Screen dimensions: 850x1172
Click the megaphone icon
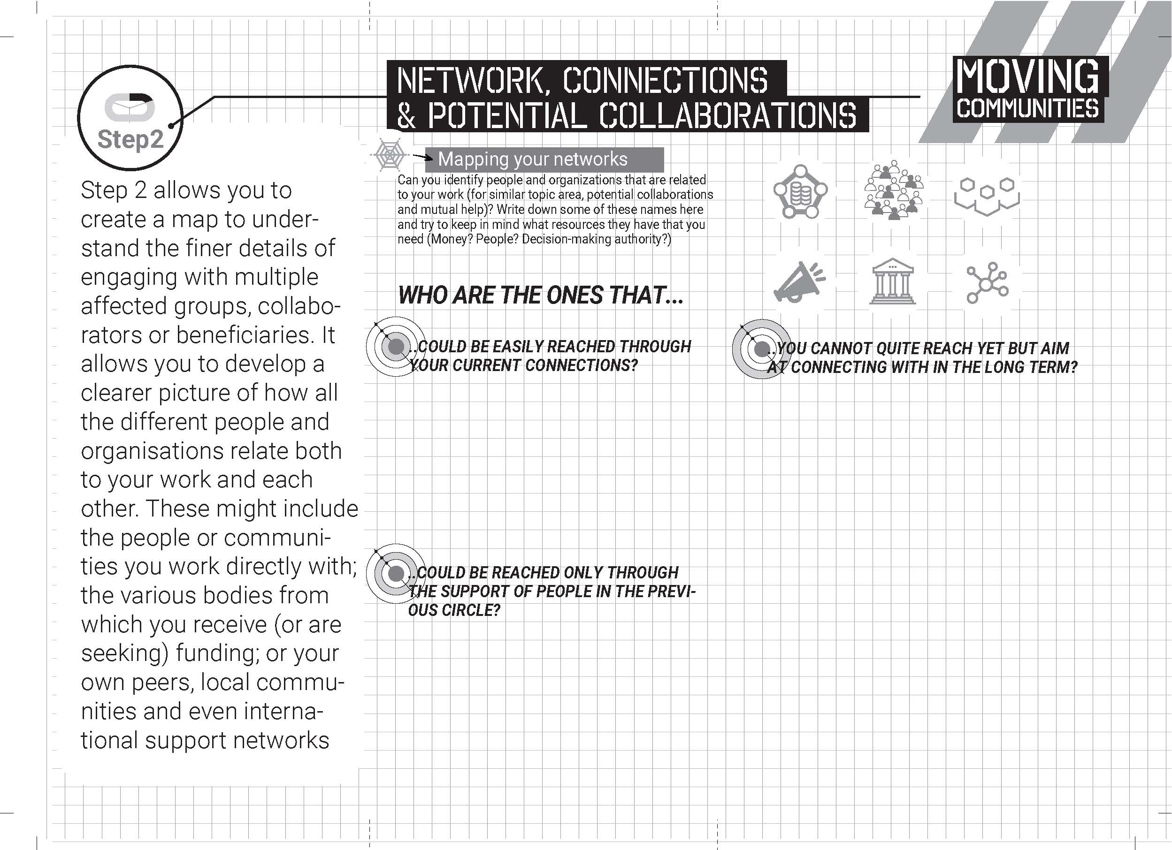tap(799, 282)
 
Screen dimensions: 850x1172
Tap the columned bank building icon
tap(892, 281)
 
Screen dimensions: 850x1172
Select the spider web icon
tap(389, 154)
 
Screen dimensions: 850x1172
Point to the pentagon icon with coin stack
tap(800, 191)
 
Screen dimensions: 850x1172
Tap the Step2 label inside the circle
tap(130, 139)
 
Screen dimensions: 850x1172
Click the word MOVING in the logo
tap(1027, 77)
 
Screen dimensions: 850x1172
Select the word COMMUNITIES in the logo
tap(1027, 109)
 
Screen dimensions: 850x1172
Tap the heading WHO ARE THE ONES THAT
tap(541, 296)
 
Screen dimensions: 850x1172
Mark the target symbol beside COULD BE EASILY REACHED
tap(396, 347)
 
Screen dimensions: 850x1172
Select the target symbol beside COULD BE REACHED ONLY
tap(396, 573)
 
